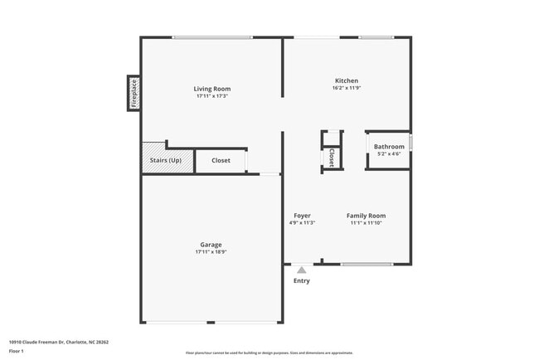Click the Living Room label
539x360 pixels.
click(212, 89)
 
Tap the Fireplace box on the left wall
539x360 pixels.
click(133, 93)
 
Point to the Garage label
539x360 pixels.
click(211, 245)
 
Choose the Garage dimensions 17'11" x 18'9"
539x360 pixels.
click(211, 252)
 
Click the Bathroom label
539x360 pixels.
click(389, 147)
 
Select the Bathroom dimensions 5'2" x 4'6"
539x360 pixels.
click(389, 154)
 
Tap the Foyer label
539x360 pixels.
click(302, 216)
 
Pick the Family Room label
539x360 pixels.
click(366, 216)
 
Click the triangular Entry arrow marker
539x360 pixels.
click(302, 270)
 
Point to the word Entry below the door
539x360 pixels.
click(302, 280)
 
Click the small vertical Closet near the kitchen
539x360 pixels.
click(332, 157)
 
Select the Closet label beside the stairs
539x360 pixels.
click(221, 160)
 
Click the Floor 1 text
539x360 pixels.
click(17, 353)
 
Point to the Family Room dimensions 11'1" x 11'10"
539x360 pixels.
click(366, 223)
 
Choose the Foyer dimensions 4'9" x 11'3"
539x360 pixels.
click(302, 223)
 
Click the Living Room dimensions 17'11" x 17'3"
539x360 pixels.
click(212, 96)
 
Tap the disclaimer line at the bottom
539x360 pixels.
click(269, 353)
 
